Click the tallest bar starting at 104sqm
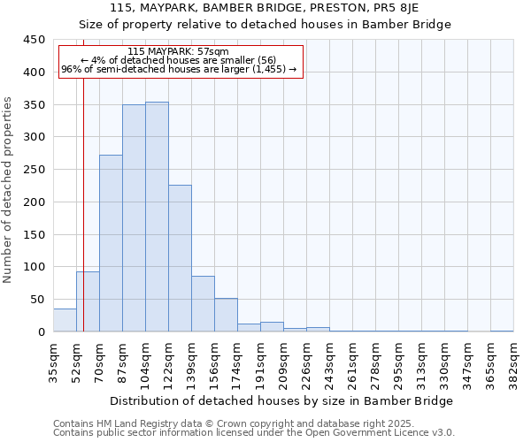pyautogui.click(x=157, y=217)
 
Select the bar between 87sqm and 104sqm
pyautogui.click(x=134, y=218)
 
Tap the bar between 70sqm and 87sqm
pyautogui.click(x=111, y=243)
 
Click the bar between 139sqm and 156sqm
pyautogui.click(x=203, y=304)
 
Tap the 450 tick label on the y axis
pyautogui.click(x=34, y=40)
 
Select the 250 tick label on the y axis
pyautogui.click(x=34, y=170)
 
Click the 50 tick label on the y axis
pyautogui.click(x=37, y=300)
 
